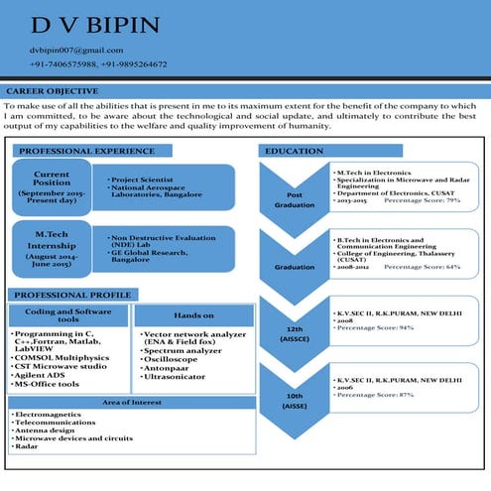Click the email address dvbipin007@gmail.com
76,50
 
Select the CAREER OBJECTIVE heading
52,90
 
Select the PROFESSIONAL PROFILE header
72,296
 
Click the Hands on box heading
193,314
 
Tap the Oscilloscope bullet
172,359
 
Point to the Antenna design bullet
46,429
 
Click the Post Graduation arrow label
295,199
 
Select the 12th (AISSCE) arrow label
295,332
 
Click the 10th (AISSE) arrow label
295,401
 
